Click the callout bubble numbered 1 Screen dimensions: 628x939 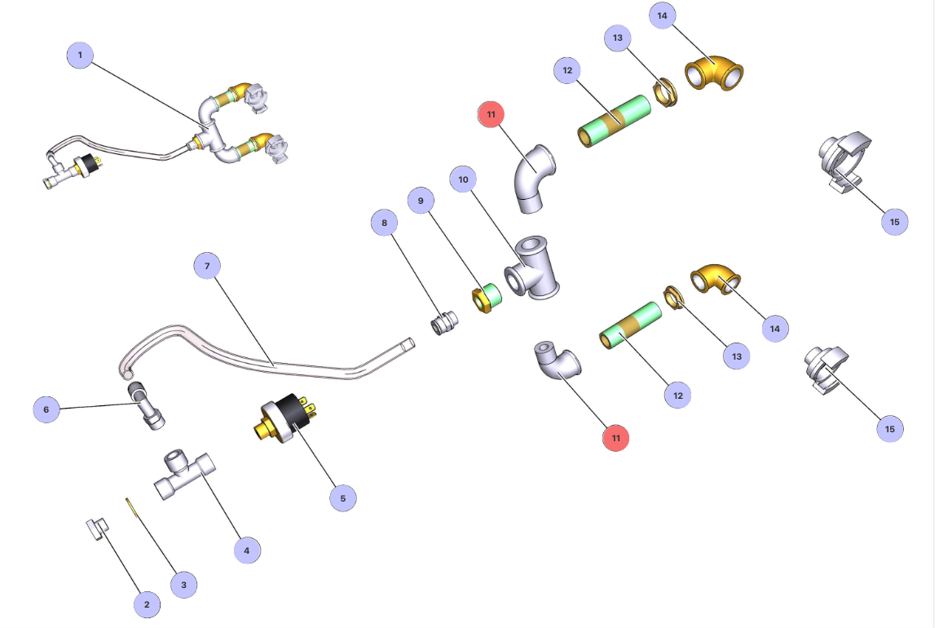point(80,55)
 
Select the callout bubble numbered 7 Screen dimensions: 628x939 point(207,266)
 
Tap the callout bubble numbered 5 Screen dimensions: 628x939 point(342,498)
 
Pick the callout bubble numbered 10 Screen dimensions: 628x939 point(463,179)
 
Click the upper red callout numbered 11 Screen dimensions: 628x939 point(491,115)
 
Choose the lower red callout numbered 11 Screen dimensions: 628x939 point(615,438)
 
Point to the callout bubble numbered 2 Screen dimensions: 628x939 point(147,604)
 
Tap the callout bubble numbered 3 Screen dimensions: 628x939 point(183,585)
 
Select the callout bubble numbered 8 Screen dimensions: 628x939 point(384,221)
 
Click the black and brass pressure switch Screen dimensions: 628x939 point(284,415)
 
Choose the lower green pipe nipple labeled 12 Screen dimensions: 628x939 point(630,327)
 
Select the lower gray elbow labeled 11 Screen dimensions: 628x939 point(558,362)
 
